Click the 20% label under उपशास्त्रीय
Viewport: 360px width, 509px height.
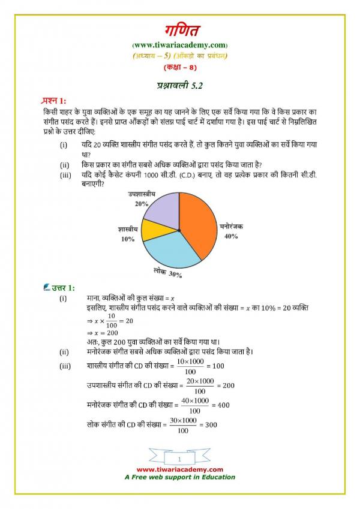pyautogui.click(x=142, y=204)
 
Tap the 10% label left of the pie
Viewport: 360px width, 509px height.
pyautogui.click(x=127, y=239)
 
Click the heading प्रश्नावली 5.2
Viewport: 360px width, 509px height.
pyautogui.click(x=179, y=86)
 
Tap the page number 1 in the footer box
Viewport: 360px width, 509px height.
pyautogui.click(x=179, y=459)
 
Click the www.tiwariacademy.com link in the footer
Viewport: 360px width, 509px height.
pyautogui.click(x=179, y=469)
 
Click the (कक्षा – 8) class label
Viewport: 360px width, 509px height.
pyautogui.click(x=179, y=66)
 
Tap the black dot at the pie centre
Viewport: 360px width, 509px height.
pyautogui.click(x=179, y=230)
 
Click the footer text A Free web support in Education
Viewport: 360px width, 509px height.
pyautogui.click(x=179, y=477)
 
